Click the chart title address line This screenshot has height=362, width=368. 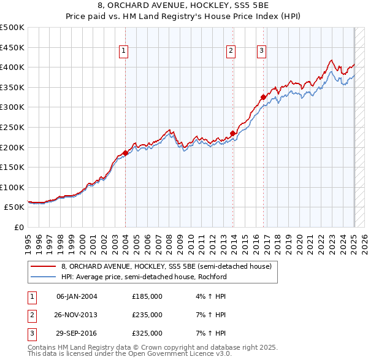[184, 6]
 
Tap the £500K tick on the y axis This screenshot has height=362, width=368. [12, 28]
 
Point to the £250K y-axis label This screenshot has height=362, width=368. [12, 127]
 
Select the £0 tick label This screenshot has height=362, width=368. [19, 227]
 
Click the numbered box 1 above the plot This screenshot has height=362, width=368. [124, 51]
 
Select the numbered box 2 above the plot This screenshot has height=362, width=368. [231, 51]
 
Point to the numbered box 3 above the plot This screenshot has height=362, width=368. [261, 51]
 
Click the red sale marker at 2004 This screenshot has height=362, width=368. [125, 153]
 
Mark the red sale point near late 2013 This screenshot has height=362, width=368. [233, 133]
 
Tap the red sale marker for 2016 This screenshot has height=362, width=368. [263, 97]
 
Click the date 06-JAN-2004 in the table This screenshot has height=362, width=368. [77, 296]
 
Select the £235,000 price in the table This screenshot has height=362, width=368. [147, 315]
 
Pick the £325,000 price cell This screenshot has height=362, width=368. [147, 334]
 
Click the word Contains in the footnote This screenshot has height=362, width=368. [42, 347]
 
